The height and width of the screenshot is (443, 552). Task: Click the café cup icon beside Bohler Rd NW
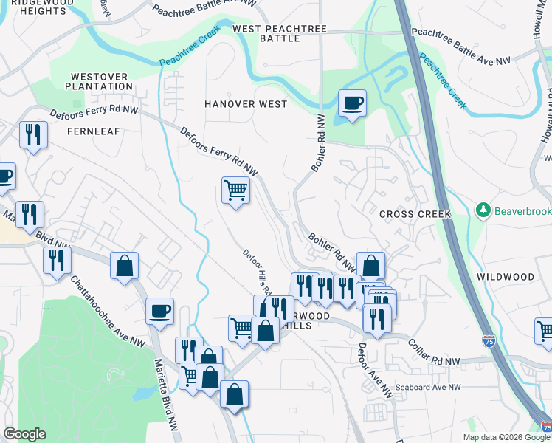(352, 103)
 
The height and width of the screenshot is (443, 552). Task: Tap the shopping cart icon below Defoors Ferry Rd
(235, 190)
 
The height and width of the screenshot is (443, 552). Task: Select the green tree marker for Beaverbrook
(484, 211)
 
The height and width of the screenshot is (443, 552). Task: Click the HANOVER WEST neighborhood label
(246, 104)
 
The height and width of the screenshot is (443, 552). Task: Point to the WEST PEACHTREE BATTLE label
(280, 33)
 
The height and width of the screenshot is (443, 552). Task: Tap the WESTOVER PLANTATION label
(101, 81)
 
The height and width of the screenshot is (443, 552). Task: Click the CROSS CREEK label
(414, 214)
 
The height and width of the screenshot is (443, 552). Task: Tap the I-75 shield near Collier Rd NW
(489, 341)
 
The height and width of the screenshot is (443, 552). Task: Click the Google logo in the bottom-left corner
(24, 434)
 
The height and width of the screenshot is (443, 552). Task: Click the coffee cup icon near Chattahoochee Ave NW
(159, 312)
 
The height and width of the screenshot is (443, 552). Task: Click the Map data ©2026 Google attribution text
(506, 437)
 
